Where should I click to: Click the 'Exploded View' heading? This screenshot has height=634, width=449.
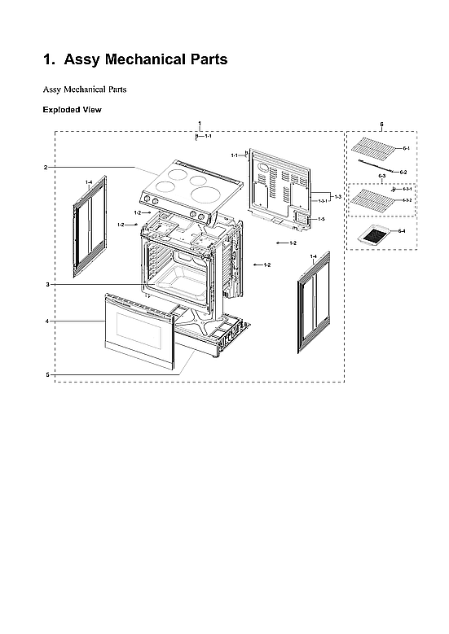[72, 109]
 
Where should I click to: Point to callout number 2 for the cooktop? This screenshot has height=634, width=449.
[46, 168]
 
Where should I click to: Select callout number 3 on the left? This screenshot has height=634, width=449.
[47, 284]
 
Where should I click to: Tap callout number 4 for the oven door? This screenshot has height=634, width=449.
[47, 321]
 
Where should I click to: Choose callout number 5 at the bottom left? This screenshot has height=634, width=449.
[47, 374]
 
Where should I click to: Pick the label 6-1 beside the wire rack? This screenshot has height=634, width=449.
[406, 148]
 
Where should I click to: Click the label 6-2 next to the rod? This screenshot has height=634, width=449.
[403, 172]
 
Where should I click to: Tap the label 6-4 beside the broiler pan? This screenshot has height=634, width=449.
[401, 232]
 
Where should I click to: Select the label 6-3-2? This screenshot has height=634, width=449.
[407, 199]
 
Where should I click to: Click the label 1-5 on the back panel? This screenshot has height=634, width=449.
[321, 220]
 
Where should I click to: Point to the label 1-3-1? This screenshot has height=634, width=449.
[323, 200]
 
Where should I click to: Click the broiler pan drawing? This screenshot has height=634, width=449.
[376, 236]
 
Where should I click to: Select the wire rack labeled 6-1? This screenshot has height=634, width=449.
[374, 149]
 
